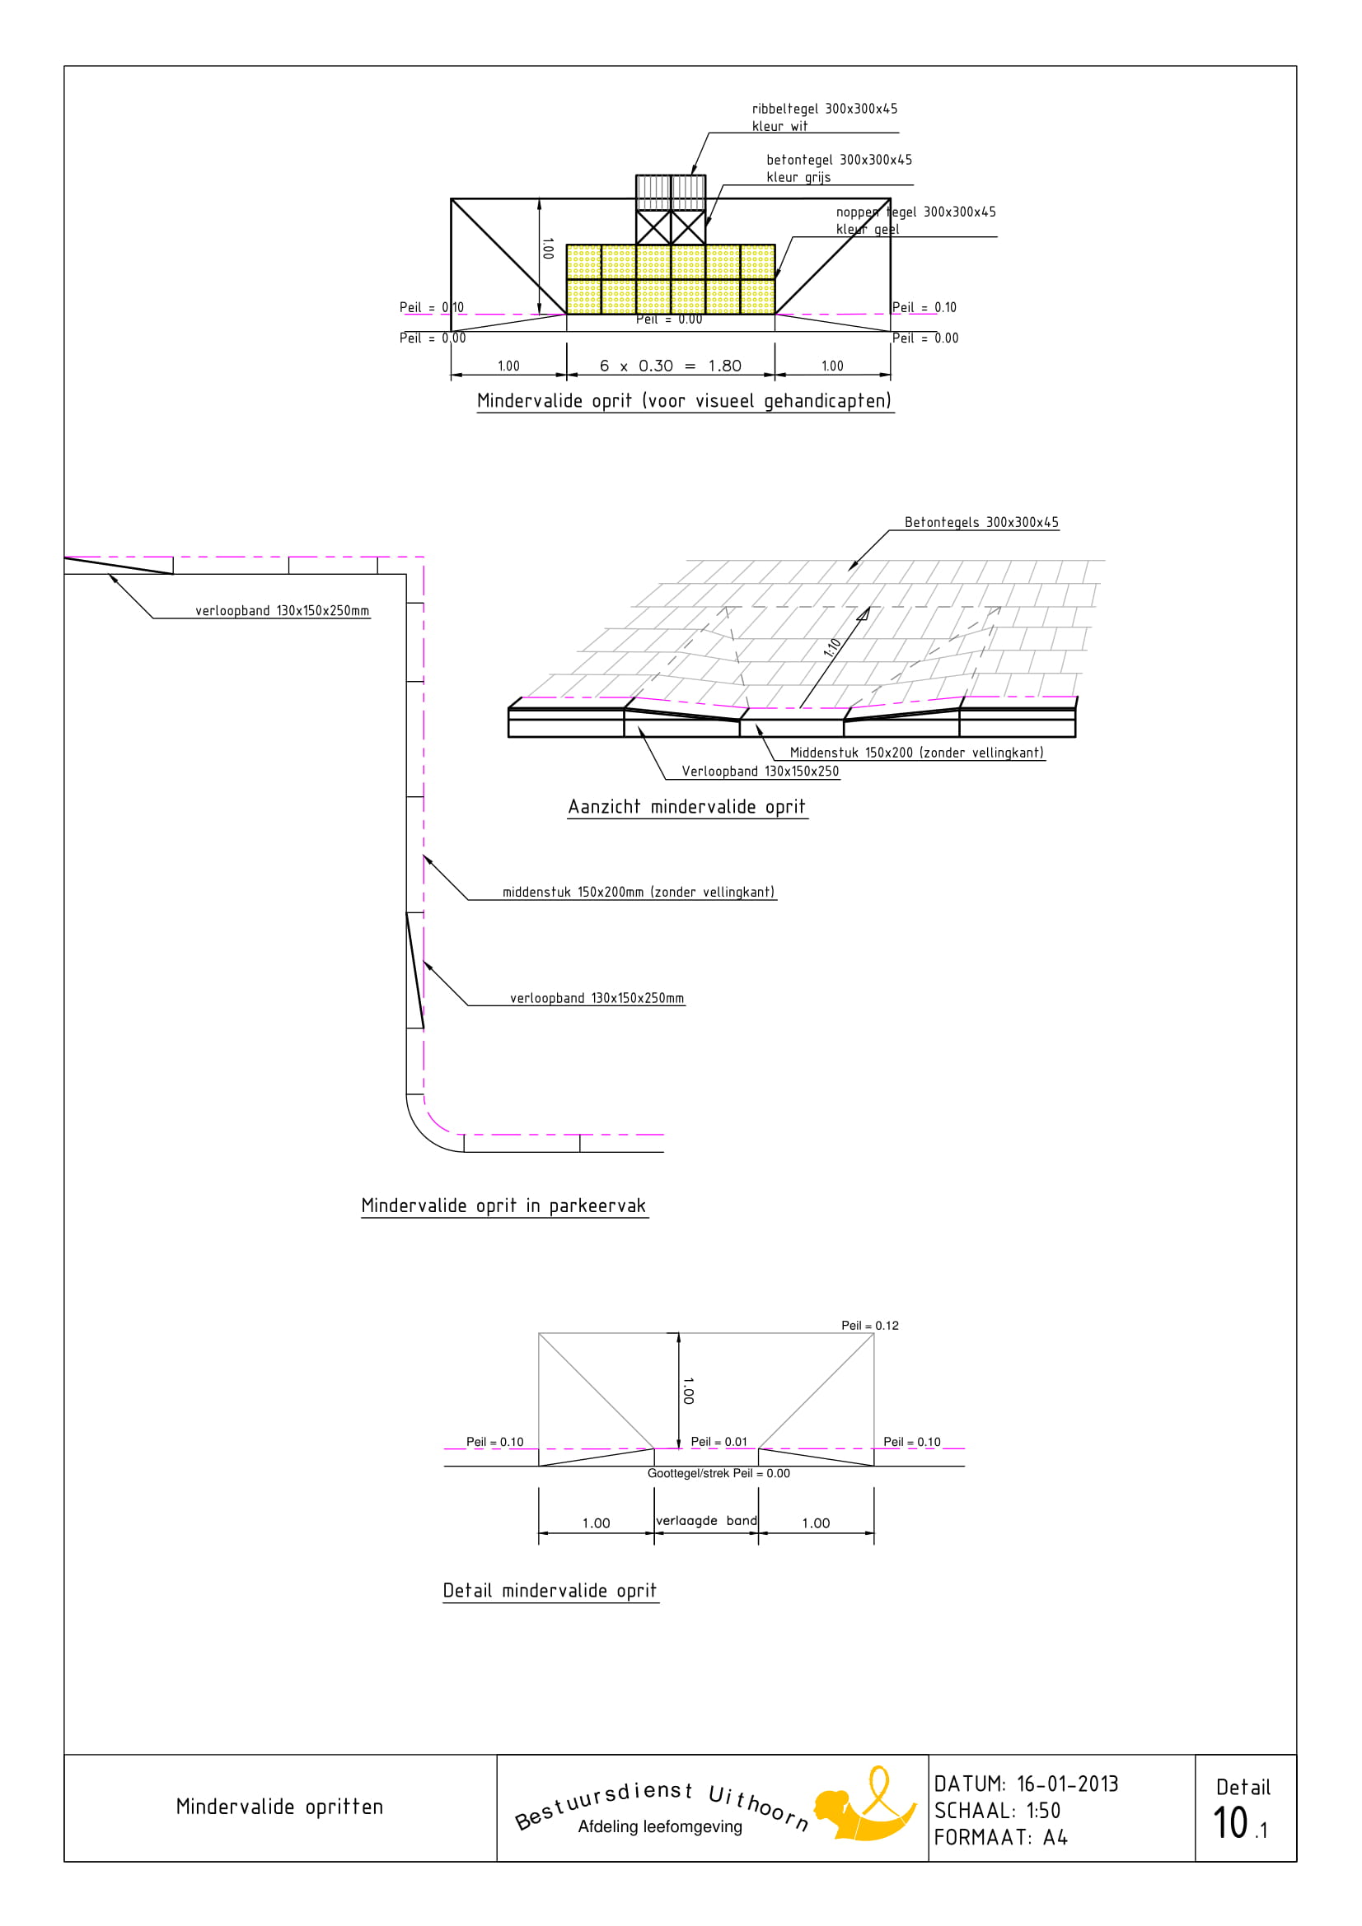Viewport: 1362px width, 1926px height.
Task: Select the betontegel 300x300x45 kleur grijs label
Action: click(838, 168)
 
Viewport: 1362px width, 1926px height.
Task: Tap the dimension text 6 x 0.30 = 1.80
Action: click(671, 366)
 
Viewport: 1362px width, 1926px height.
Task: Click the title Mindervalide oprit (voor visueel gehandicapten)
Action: click(684, 401)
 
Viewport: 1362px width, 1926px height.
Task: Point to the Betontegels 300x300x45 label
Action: click(981, 522)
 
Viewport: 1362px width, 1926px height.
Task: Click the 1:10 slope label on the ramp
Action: click(832, 647)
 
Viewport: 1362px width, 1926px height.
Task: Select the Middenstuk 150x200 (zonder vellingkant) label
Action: click(916, 753)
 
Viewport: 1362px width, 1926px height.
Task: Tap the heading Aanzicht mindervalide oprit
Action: click(686, 807)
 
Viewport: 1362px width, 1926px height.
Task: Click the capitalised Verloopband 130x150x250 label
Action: click(760, 771)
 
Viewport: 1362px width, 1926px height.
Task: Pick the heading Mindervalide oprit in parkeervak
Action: click(503, 1205)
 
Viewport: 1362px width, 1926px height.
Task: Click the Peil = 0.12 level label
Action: click(869, 1326)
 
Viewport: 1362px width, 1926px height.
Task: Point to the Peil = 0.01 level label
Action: click(718, 1441)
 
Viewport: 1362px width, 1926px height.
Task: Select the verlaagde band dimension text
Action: click(706, 1520)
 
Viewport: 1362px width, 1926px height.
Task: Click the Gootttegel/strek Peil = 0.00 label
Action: click(718, 1473)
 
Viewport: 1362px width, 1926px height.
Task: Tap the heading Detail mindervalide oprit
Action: click(550, 1591)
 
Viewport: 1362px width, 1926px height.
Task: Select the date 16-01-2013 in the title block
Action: click(1068, 1784)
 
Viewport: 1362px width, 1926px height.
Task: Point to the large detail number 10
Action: click(1230, 1823)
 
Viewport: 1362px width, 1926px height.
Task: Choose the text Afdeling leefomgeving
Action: click(660, 1827)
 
